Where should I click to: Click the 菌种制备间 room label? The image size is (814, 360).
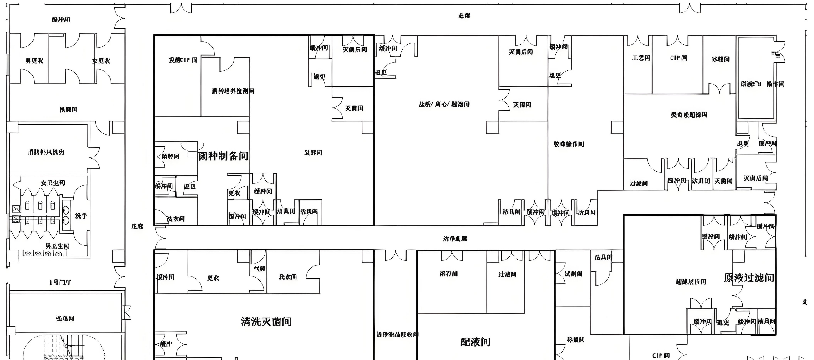click(223, 156)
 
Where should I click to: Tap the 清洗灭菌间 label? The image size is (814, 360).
click(266, 322)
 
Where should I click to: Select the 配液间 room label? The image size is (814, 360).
click(475, 342)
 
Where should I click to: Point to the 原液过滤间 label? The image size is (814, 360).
click(749, 278)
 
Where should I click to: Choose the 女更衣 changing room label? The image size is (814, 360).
click(101, 61)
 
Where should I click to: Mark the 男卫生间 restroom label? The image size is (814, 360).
click(57, 246)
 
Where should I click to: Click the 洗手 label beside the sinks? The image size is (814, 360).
click(81, 216)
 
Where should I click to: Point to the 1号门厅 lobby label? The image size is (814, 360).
click(60, 282)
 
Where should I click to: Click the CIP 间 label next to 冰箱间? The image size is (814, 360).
click(678, 58)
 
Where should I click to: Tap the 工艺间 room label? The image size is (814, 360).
click(641, 58)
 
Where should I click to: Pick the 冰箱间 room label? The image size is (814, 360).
click(720, 59)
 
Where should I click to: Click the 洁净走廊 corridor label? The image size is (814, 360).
click(455, 239)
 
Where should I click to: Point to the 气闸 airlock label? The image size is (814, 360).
click(260, 268)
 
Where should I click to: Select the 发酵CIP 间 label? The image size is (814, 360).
click(183, 60)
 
